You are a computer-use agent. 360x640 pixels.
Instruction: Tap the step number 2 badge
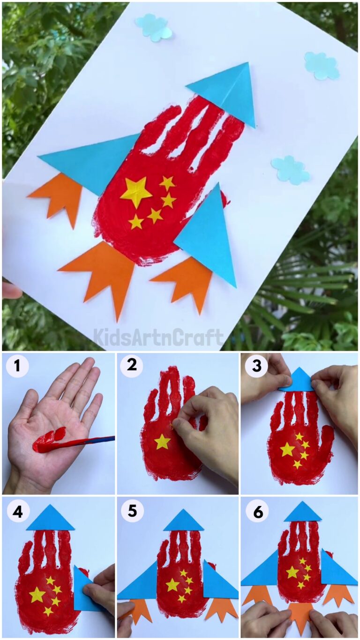(x=132, y=365)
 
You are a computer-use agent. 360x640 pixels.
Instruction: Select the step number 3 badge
(x=256, y=365)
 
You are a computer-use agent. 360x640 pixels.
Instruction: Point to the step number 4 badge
(x=17, y=512)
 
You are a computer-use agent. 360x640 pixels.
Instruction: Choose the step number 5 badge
(x=132, y=512)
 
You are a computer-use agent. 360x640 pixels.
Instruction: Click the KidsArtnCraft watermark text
(x=158, y=337)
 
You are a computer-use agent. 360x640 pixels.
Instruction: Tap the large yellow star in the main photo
(x=136, y=191)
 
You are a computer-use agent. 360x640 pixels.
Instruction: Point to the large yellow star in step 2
(x=162, y=441)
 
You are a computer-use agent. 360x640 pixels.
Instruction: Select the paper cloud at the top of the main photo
(x=154, y=27)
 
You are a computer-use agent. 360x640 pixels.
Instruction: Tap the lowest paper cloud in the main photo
(x=290, y=170)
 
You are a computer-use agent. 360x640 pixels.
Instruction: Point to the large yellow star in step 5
(x=172, y=585)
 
